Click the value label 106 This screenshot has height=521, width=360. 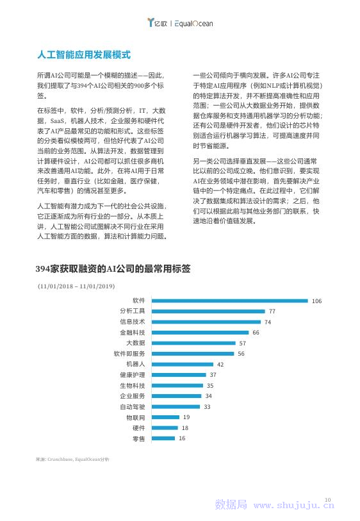point(316,301)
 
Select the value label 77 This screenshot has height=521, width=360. point(272,311)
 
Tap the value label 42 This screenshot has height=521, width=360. point(220,365)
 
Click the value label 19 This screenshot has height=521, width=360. point(186,417)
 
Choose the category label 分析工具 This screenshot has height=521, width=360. point(132,311)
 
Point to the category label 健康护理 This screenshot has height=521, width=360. point(132,375)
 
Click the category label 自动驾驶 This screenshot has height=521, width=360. point(132,407)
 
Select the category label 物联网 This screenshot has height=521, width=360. point(135,417)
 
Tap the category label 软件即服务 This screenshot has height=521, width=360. point(129,354)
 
